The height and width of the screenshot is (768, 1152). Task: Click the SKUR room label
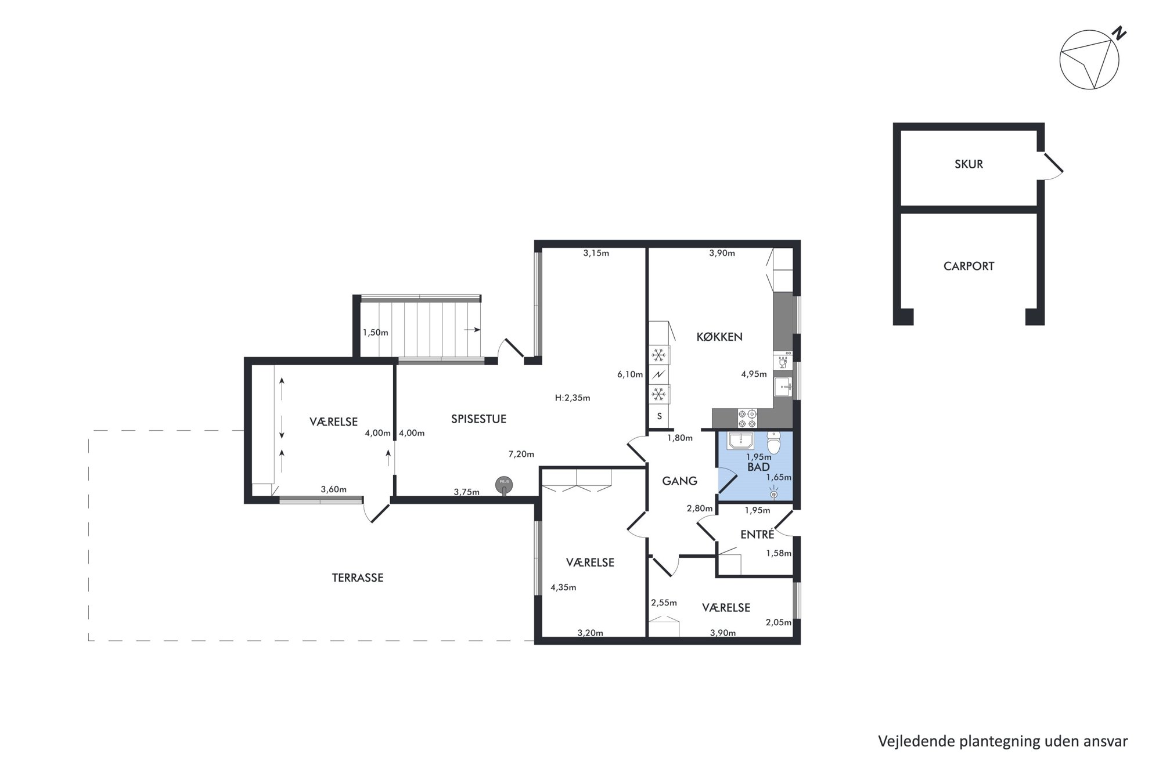969,164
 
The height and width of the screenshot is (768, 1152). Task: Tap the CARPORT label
969,266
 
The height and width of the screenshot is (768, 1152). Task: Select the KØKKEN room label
719,337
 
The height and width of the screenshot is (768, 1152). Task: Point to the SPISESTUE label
478,419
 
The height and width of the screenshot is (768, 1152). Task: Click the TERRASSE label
358,578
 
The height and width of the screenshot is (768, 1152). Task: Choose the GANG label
679,481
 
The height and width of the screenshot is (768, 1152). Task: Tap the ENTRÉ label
757,534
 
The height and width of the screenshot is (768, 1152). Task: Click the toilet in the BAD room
774,442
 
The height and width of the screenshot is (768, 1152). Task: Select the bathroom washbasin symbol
741,441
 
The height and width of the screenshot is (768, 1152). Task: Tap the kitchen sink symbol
783,387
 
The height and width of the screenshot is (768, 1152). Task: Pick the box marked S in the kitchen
659,416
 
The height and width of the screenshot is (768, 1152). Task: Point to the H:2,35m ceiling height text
573,398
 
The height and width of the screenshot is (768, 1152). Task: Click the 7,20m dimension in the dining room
521,454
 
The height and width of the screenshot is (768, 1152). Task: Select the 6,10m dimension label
630,374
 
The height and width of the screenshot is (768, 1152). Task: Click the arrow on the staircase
472,330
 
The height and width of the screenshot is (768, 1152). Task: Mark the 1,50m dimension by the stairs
375,333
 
